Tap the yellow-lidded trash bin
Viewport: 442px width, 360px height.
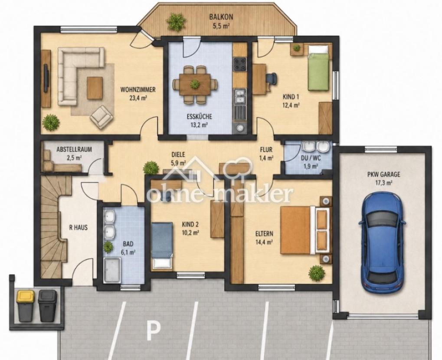(25, 306)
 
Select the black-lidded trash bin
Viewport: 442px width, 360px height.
(47, 306)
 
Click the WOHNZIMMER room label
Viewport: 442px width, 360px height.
(138, 90)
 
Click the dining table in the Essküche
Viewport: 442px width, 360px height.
(195, 84)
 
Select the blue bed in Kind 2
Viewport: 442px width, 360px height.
(162, 245)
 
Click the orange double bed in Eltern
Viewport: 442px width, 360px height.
(305, 230)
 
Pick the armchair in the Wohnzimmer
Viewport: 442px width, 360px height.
(101, 117)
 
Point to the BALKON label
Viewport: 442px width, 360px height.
(221, 16)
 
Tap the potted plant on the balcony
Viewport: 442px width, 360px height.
(176, 22)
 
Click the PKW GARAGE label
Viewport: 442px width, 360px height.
(383, 174)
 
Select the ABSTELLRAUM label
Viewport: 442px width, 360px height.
(74, 149)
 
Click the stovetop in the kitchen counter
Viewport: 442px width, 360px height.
(240, 64)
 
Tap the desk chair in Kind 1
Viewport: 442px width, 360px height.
(271, 79)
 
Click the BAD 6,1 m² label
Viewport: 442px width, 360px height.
(128, 248)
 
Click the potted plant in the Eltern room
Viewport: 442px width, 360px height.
(317, 273)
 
